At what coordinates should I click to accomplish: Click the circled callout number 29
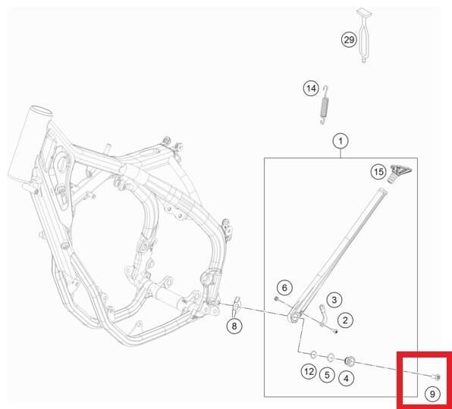coord(349,40)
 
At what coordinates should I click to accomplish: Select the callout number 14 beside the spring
coord(311,89)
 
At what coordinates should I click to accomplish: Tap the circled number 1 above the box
coord(341,141)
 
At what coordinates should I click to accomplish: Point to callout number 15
coord(378,172)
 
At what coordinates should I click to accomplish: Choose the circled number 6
coord(284,287)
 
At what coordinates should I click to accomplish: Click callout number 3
coord(334,301)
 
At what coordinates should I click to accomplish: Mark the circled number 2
coord(344,320)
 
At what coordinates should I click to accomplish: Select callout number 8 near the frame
coord(234,326)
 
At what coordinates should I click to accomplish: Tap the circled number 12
coord(308,372)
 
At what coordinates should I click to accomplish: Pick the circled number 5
coord(327,373)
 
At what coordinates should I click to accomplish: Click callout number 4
coord(347,376)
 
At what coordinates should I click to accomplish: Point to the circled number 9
coord(431,393)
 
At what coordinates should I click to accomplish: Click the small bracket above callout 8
coord(234,306)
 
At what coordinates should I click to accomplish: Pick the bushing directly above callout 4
coord(350,358)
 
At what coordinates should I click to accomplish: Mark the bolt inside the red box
coord(435,376)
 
